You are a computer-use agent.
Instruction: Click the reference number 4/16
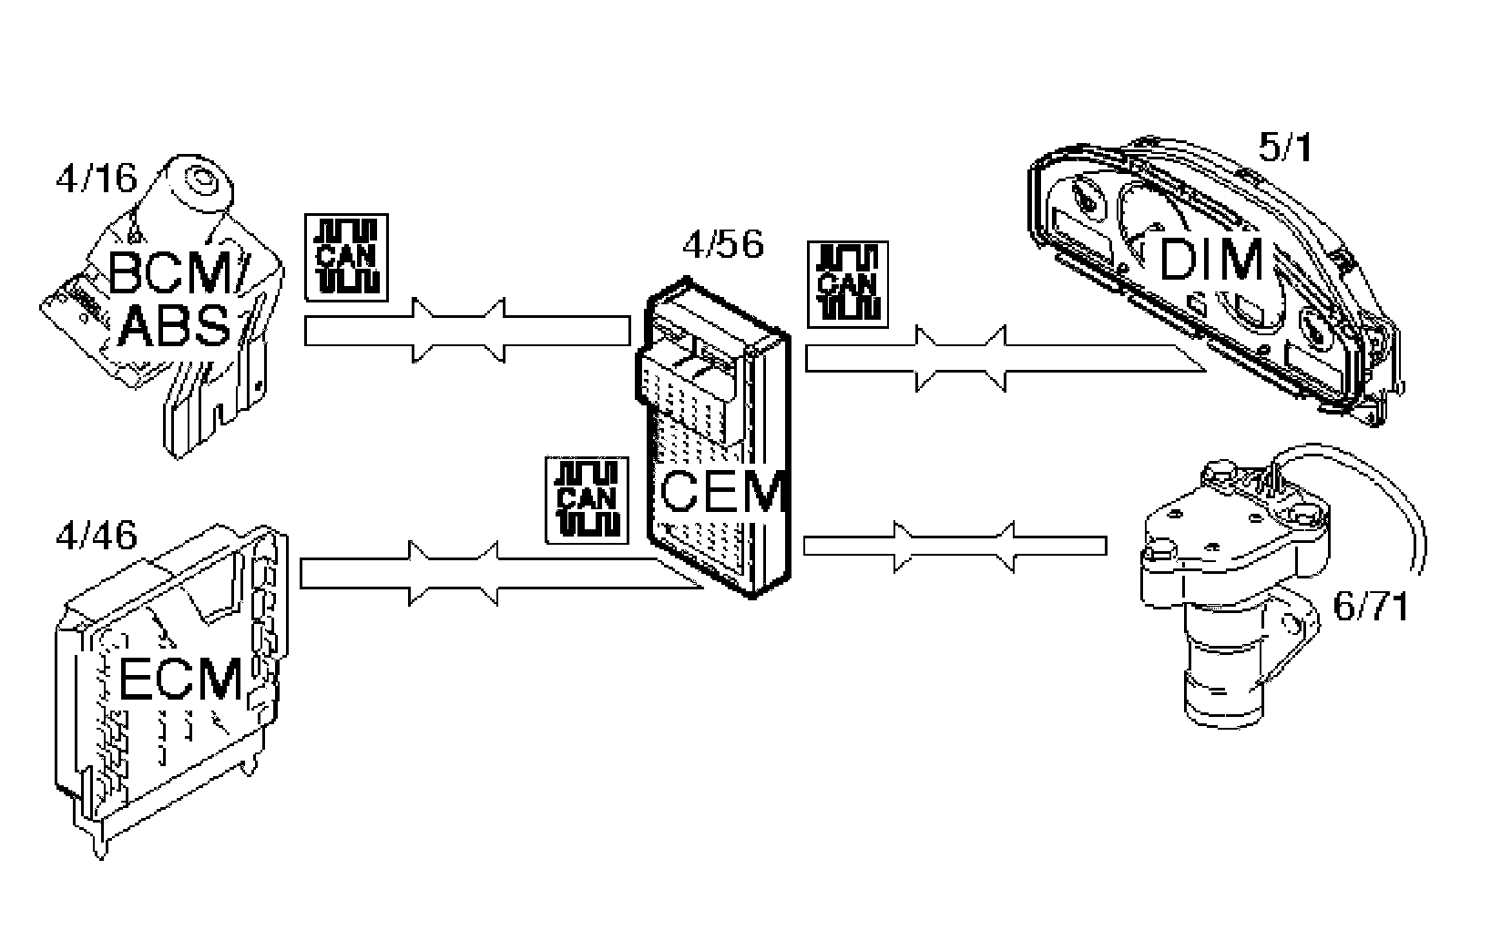pos(95,179)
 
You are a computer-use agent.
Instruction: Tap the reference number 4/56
pos(722,244)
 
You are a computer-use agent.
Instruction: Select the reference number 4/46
pos(96,535)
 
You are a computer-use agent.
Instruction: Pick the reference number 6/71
pos(1371,607)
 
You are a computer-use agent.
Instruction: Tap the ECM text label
pos(181,679)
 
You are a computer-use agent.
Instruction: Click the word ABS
pos(174,327)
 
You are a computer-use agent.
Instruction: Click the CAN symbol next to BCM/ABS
pos(346,257)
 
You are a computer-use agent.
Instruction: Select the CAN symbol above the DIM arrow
pos(847,284)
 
